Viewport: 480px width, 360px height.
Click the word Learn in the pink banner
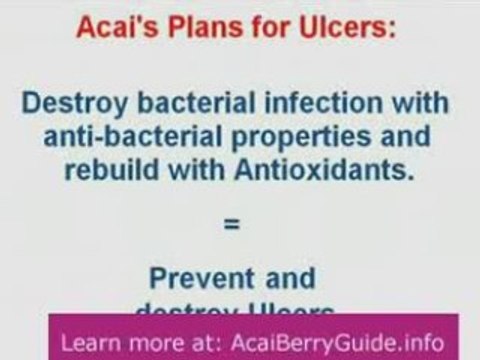click(x=92, y=341)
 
